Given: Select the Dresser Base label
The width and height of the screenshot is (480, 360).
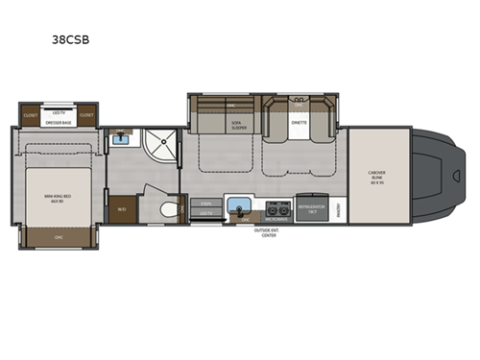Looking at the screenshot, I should (58, 122).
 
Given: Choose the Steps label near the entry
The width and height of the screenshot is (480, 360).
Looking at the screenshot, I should (205, 203).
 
